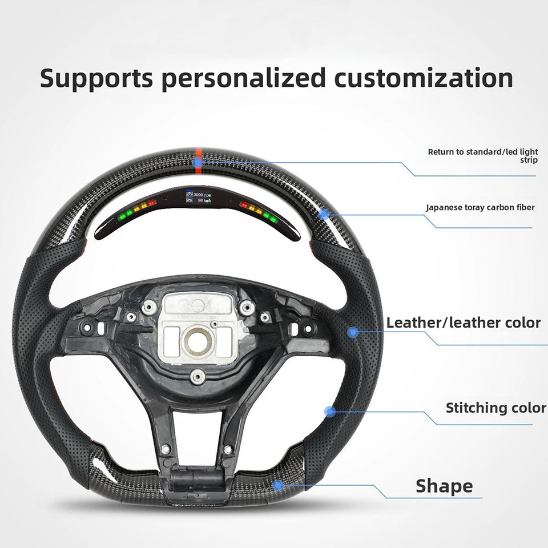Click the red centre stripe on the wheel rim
[x=198, y=158]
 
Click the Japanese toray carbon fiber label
[x=480, y=207]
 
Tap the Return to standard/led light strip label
[x=482, y=156]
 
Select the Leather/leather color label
[x=463, y=323]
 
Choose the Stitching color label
[x=495, y=408]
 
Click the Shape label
[x=444, y=486]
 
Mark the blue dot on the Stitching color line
[x=329, y=411]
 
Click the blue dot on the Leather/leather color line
[x=353, y=332]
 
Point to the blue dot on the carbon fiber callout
[x=324, y=215]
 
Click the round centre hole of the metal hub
[x=198, y=341]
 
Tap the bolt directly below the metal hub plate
[x=198, y=375]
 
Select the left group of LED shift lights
[x=138, y=209]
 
